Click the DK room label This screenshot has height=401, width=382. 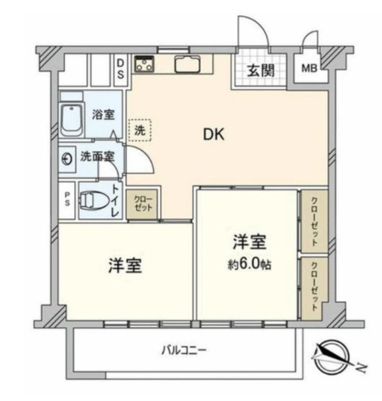[x=214, y=134]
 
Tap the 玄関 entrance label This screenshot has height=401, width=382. [x=260, y=70]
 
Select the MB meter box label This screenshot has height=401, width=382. [x=310, y=68]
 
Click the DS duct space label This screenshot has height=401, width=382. [x=121, y=69]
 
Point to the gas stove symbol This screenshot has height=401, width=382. [x=144, y=64]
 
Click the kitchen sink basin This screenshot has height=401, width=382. [x=187, y=64]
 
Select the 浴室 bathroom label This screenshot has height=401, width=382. [x=103, y=115]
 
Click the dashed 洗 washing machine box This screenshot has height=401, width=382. [x=140, y=130]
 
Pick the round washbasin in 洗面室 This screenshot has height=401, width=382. [x=67, y=159]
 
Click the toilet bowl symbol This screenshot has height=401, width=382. [x=94, y=200]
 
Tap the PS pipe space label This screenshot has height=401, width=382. [x=66, y=199]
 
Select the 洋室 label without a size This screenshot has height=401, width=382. [x=125, y=266]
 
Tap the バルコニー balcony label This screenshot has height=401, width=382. [x=183, y=350]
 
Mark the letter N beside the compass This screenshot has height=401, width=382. [x=362, y=368]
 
